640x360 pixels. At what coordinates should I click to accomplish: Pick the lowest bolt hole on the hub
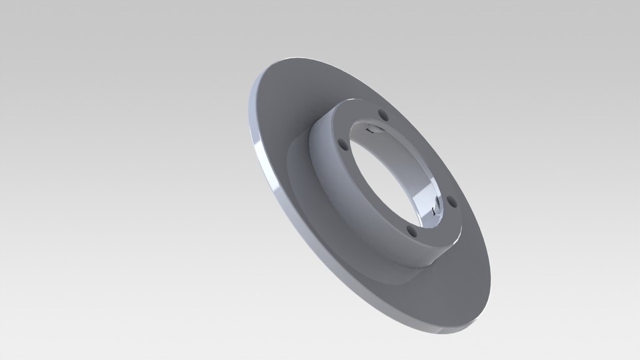(x=413, y=233)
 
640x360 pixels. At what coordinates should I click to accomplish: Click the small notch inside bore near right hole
(x=437, y=212)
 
